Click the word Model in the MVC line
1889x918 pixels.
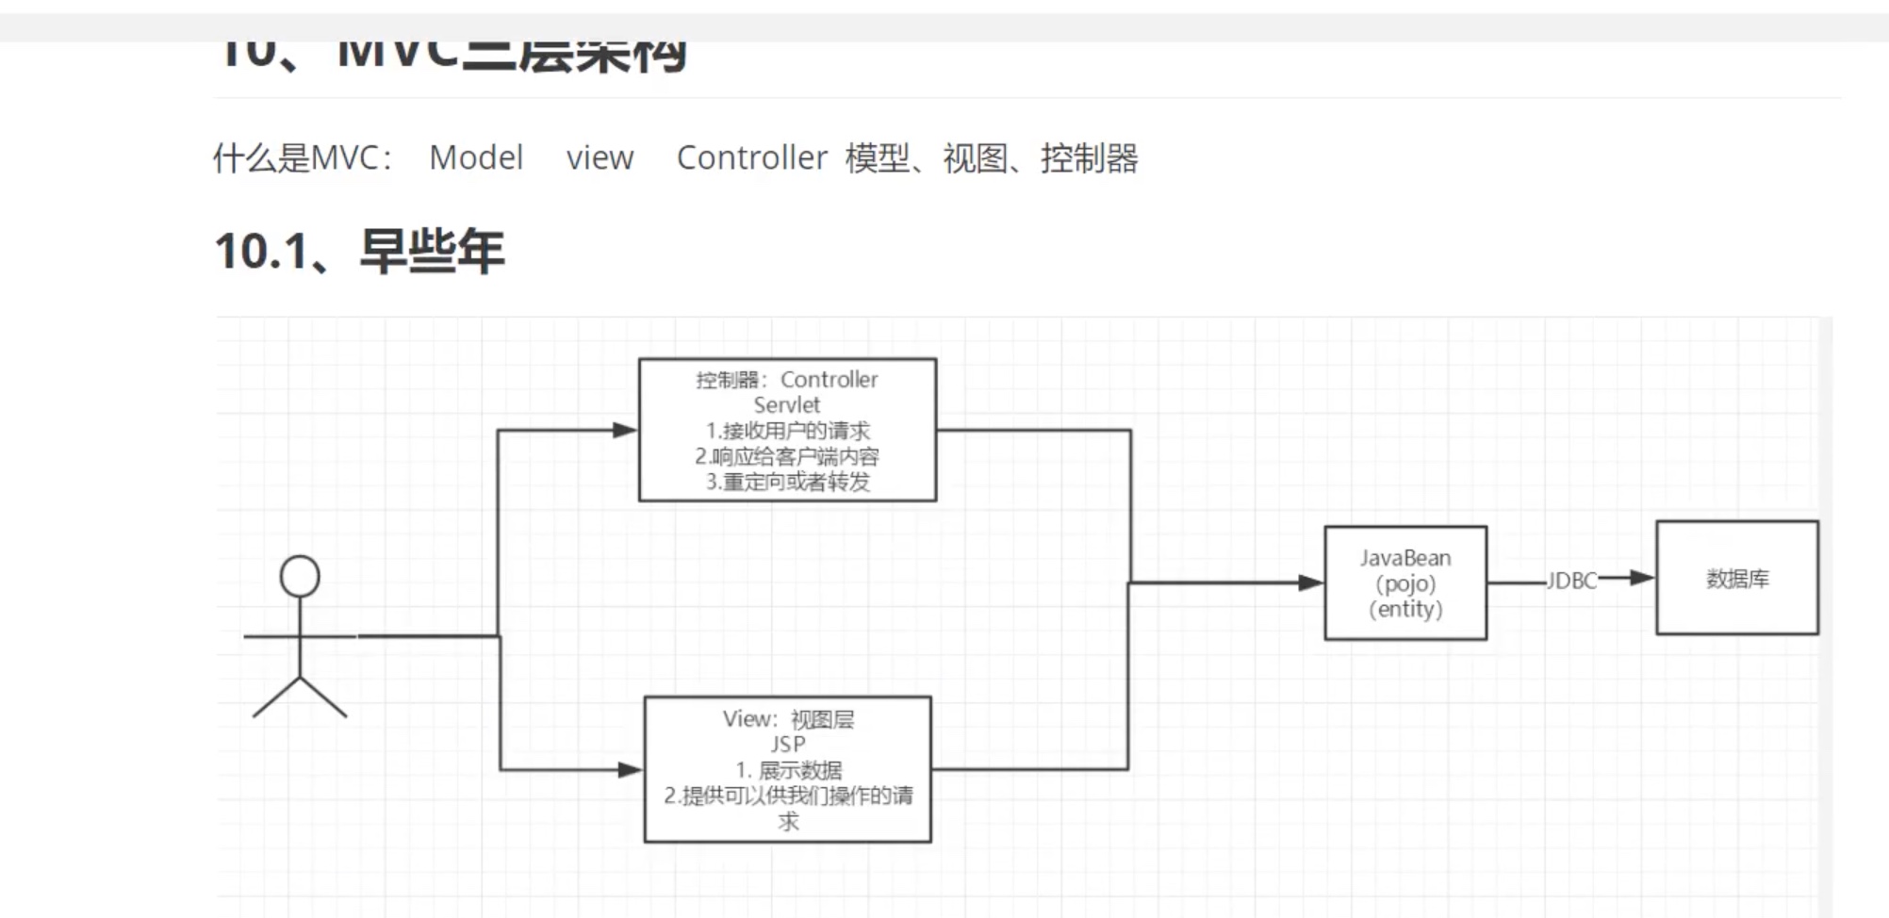point(476,157)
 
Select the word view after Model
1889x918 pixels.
point(600,157)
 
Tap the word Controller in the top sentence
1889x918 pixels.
point(751,157)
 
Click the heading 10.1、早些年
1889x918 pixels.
point(359,252)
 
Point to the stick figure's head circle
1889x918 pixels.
point(300,576)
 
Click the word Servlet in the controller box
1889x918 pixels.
point(786,405)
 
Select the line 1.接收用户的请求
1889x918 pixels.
point(787,431)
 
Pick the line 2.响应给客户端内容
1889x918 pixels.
point(787,456)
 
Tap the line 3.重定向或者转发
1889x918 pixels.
point(787,482)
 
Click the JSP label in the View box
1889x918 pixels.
point(787,744)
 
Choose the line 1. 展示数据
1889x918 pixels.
point(789,770)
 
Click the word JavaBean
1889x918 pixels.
point(1404,558)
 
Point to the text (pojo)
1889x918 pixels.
point(1404,583)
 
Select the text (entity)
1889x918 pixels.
point(1404,609)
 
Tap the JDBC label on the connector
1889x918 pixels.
point(1571,581)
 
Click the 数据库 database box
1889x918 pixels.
point(1737,578)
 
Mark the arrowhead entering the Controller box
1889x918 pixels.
point(625,430)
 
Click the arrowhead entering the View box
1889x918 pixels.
point(630,770)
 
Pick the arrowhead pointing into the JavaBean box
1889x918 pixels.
point(1310,582)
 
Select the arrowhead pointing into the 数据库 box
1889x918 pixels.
point(1642,577)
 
